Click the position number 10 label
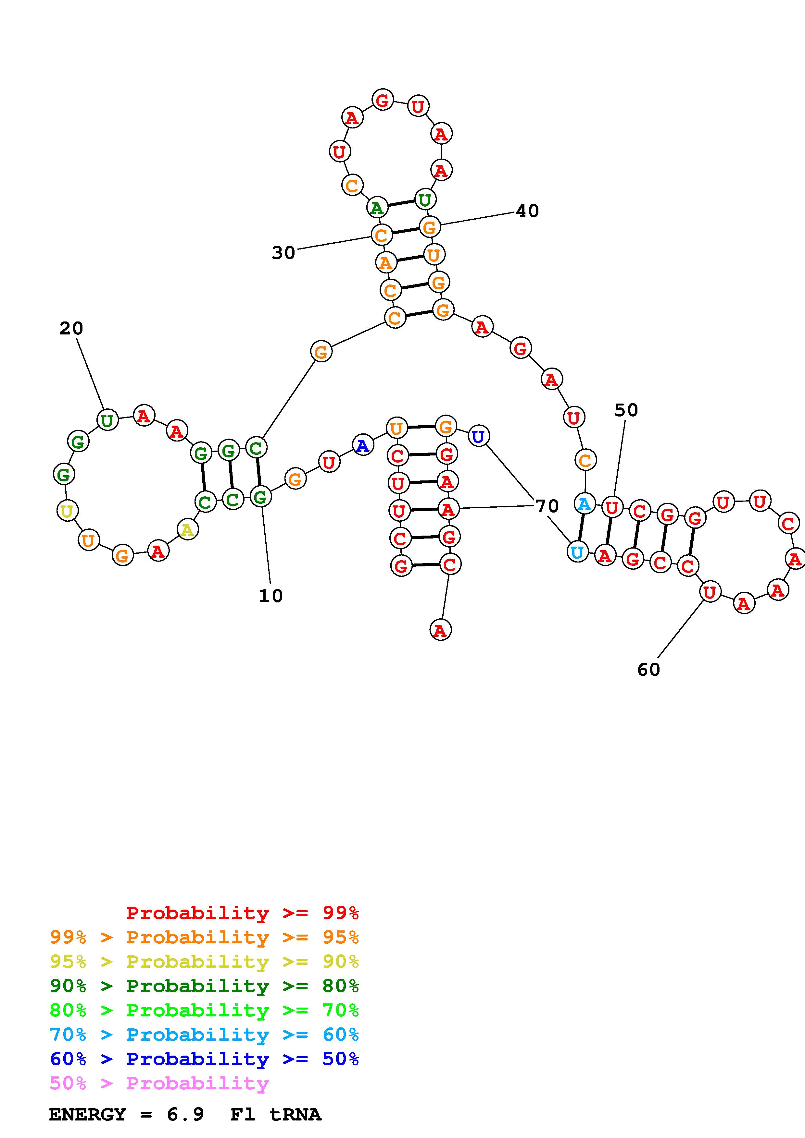click(270, 596)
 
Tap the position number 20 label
click(71, 328)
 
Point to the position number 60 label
click(648, 670)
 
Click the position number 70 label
click(547, 506)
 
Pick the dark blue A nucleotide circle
click(363, 445)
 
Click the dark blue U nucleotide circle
click(478, 436)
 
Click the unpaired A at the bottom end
click(440, 630)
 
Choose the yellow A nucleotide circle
click(187, 530)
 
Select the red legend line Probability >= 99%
click(242, 913)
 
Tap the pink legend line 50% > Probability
click(159, 1083)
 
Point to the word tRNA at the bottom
click(295, 1114)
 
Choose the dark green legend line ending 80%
click(204, 986)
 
